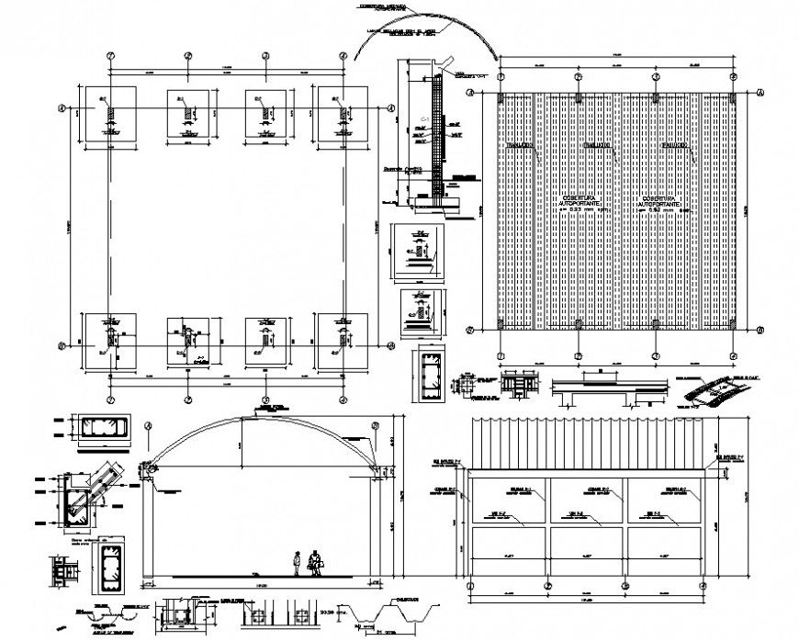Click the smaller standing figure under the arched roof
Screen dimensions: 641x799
pyautogui.click(x=297, y=562)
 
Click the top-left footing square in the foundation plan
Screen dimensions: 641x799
pyautogui.click(x=109, y=115)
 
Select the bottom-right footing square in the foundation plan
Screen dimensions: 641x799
pyautogui.click(x=343, y=340)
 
